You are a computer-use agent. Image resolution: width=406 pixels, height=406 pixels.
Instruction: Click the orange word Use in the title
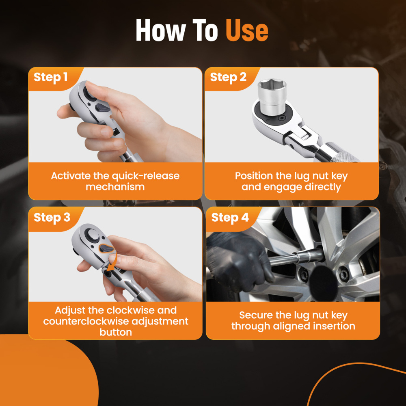pyautogui.click(x=247, y=30)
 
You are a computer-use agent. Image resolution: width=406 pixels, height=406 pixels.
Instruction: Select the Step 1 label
pyautogui.click(x=50, y=77)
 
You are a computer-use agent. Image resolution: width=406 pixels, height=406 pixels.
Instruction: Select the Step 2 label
pyautogui.click(x=228, y=77)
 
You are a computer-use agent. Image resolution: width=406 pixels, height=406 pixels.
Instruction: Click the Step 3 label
pyautogui.click(x=52, y=218)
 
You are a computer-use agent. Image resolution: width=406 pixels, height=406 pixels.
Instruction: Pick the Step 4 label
pyautogui.click(x=230, y=218)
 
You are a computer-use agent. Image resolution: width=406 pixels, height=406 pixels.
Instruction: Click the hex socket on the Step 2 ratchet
pyautogui.click(x=272, y=96)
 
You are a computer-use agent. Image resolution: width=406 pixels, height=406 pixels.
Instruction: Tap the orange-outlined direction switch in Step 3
pyautogui.click(x=107, y=248)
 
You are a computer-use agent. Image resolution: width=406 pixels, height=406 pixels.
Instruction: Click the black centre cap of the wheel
pyautogui.click(x=324, y=283)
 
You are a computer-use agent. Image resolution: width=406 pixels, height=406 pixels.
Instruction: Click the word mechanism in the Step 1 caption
pyautogui.click(x=115, y=187)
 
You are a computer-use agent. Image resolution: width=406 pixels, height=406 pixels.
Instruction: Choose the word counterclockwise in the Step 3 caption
pyautogui.click(x=86, y=321)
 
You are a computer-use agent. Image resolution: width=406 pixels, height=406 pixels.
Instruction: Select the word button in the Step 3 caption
pyautogui.click(x=116, y=332)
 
